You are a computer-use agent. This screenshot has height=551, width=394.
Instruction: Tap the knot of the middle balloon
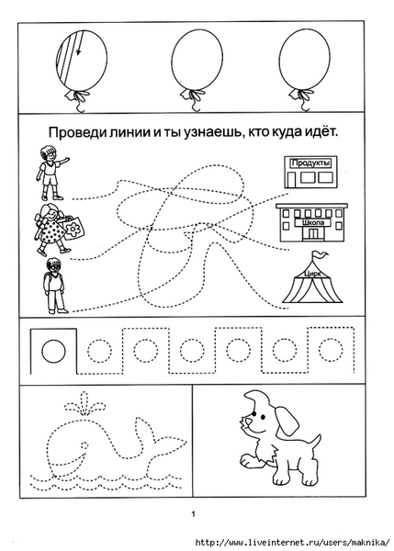(x=192, y=94)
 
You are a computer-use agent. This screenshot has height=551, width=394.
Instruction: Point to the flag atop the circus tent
(x=321, y=254)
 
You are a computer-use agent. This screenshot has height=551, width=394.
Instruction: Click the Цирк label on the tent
(x=312, y=274)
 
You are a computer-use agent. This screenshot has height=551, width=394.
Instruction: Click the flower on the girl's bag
(x=73, y=229)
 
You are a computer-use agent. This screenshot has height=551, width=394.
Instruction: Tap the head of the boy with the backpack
(x=54, y=265)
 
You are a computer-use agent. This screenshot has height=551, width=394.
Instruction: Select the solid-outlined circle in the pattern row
(x=53, y=351)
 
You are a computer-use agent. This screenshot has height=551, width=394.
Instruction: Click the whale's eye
(x=84, y=445)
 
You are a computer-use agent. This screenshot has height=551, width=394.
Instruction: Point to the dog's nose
(x=249, y=422)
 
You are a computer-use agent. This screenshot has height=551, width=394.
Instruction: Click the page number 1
(x=193, y=514)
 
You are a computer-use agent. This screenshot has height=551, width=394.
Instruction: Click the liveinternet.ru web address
(x=292, y=542)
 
